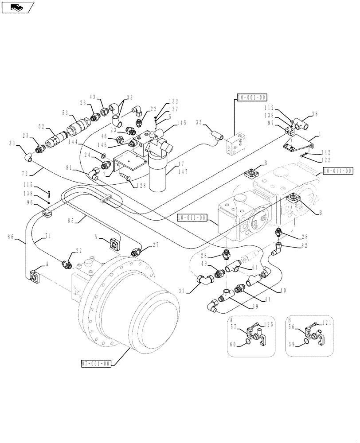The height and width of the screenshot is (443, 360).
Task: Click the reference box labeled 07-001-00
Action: [95, 364]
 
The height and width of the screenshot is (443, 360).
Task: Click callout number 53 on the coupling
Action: [65, 113]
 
